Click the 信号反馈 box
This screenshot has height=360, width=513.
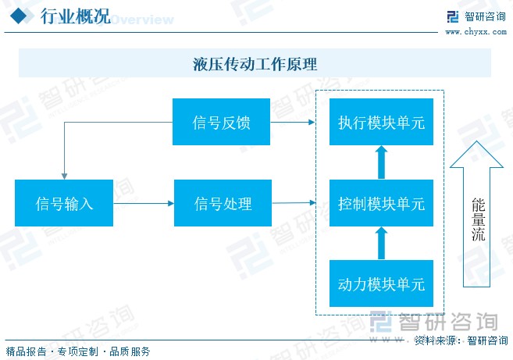(221, 122)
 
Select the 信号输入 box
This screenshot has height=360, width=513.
(64, 203)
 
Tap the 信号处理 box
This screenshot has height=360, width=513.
(223, 203)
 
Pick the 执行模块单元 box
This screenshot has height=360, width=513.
(381, 122)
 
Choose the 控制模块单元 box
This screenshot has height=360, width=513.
(381, 203)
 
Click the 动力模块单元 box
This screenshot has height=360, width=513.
(381, 283)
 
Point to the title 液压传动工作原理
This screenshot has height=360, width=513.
(255, 64)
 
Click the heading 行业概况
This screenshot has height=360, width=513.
(76, 16)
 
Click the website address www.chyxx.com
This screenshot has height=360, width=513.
(476, 32)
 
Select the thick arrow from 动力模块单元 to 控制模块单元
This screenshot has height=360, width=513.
(381, 243)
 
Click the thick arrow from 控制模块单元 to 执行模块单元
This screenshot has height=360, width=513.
(381, 162)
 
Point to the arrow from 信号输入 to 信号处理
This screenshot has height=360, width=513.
(144, 203)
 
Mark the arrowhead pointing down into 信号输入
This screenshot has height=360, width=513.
(65, 176)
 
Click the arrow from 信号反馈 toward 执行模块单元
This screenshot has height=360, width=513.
(293, 122)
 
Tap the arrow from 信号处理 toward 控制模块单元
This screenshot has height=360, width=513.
(294, 203)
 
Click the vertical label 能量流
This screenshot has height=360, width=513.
(478, 219)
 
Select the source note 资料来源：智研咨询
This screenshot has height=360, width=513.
(461, 340)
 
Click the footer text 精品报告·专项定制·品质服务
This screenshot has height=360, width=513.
(78, 352)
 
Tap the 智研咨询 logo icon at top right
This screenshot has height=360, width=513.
(453, 16)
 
